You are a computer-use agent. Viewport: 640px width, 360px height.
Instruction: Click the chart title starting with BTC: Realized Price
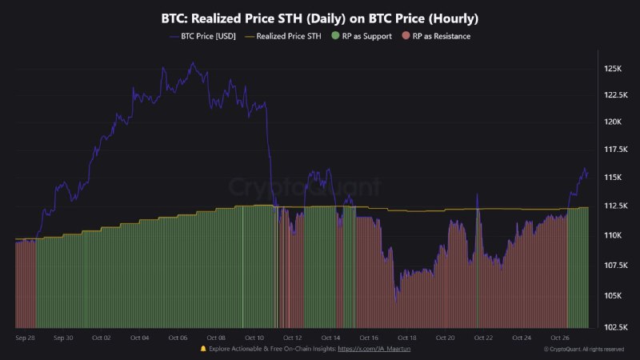(x=320, y=18)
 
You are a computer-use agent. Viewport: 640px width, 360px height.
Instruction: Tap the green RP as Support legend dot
(x=335, y=36)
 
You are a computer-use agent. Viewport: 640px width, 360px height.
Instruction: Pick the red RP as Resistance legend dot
(x=406, y=36)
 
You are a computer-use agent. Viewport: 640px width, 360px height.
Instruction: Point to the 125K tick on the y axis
(x=613, y=69)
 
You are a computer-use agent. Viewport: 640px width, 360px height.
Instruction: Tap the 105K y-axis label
(x=613, y=295)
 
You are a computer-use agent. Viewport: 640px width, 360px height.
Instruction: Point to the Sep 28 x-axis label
(x=26, y=338)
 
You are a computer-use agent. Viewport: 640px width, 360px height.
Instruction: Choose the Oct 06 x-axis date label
(x=178, y=338)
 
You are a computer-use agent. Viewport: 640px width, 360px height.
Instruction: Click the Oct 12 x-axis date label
(x=293, y=338)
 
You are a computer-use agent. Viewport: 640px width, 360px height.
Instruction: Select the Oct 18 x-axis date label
(x=407, y=338)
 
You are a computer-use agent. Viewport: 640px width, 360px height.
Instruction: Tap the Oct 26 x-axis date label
(x=559, y=338)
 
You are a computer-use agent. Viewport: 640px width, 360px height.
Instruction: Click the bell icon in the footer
(x=203, y=350)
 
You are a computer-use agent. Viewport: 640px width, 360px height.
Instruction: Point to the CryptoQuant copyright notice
(x=583, y=350)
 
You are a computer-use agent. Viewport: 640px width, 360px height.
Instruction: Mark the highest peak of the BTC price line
(x=192, y=62)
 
